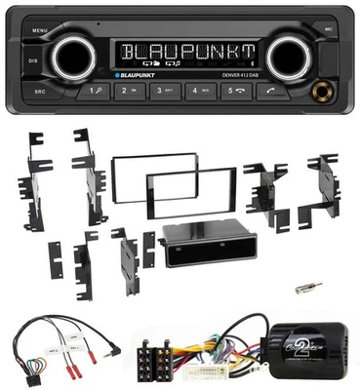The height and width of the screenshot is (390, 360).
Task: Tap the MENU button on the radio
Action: pos(39,30)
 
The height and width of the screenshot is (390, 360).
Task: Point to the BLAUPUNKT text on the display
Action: pos(180,49)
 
